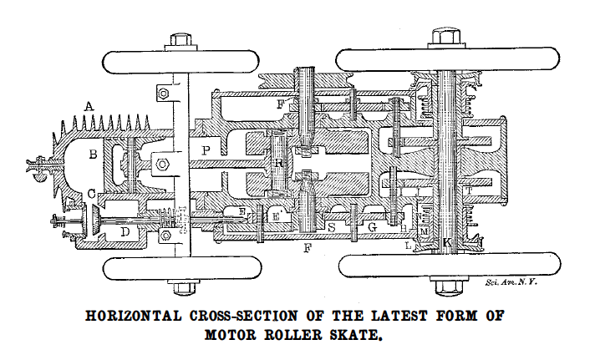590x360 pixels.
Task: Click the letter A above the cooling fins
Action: click(x=88, y=107)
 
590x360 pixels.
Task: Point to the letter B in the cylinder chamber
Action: click(x=94, y=155)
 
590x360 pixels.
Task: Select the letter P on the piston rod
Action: click(x=206, y=150)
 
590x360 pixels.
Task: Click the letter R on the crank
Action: click(x=278, y=162)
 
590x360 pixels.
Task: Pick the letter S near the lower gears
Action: click(x=331, y=226)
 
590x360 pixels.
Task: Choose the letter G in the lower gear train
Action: click(x=373, y=227)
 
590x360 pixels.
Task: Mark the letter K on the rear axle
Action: click(x=447, y=243)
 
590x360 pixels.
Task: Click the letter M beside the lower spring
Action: click(x=424, y=231)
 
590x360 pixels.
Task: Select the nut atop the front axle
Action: click(x=181, y=39)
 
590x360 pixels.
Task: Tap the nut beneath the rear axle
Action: click(x=442, y=289)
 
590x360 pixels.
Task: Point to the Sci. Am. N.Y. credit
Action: click(x=511, y=283)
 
